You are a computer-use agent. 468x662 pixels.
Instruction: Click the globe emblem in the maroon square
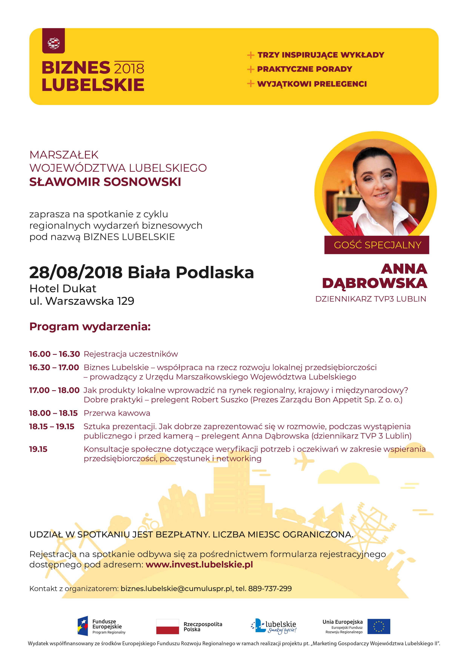(x=54, y=43)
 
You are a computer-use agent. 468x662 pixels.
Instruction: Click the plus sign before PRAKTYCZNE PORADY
(x=251, y=69)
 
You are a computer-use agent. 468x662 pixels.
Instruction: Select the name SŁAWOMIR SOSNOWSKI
(x=105, y=182)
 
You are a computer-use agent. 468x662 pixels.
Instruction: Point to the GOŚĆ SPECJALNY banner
(x=377, y=245)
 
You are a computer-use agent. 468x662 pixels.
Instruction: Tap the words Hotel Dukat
(x=63, y=288)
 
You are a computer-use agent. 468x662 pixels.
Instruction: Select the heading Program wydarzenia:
(x=90, y=326)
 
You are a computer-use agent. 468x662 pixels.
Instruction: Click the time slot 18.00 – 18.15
(x=53, y=413)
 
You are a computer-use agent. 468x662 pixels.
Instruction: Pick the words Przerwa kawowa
(x=117, y=413)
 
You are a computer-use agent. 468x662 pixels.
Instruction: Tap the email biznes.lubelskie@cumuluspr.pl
(x=176, y=588)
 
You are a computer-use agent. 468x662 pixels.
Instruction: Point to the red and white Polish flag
(x=168, y=626)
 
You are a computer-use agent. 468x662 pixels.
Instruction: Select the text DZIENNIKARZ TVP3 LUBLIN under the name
(x=371, y=299)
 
